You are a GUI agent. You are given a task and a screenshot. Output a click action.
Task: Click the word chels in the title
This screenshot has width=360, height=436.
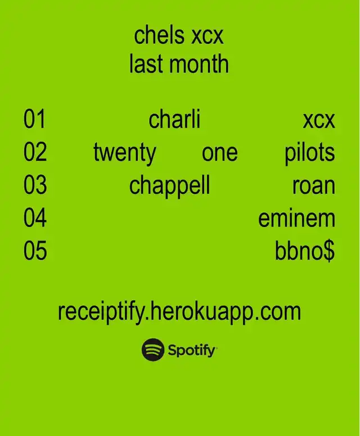pyautogui.click(x=159, y=35)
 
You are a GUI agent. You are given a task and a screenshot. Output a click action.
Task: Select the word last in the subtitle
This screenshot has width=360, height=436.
pyautogui.click(x=146, y=63)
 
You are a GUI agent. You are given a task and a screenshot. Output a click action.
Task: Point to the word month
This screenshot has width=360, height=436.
pyautogui.click(x=199, y=63)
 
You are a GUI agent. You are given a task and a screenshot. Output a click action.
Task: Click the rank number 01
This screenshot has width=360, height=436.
pyautogui.click(x=34, y=119)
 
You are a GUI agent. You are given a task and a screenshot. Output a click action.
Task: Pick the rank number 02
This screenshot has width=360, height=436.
pyautogui.click(x=35, y=152)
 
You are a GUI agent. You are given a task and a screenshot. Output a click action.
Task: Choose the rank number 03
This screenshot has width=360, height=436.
pyautogui.click(x=35, y=185)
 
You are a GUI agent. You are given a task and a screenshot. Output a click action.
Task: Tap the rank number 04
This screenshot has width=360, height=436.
pyautogui.click(x=35, y=218)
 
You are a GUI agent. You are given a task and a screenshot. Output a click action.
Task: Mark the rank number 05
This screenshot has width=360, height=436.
pyautogui.click(x=35, y=251)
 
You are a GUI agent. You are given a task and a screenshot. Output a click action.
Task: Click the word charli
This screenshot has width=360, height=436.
pyautogui.click(x=174, y=119)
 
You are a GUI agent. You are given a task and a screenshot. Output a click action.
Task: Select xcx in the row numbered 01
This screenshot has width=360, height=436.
pyautogui.click(x=319, y=121)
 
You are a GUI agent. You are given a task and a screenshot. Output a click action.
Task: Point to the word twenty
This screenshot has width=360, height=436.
pyautogui.click(x=124, y=153)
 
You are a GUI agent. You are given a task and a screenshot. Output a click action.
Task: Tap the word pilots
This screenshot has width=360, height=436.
pyautogui.click(x=309, y=153)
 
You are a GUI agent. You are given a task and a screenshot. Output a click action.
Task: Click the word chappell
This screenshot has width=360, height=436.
pyautogui.click(x=169, y=187)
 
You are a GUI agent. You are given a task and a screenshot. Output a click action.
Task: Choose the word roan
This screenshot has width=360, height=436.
pyautogui.click(x=313, y=187)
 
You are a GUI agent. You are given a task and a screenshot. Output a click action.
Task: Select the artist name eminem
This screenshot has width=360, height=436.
pyautogui.click(x=296, y=218)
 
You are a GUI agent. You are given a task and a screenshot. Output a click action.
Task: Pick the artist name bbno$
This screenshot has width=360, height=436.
pyautogui.click(x=305, y=251)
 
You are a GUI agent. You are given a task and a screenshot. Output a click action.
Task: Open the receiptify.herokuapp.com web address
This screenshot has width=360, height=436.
pyautogui.click(x=179, y=312)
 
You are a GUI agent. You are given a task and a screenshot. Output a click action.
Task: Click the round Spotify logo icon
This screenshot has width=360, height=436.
pyautogui.click(x=152, y=349)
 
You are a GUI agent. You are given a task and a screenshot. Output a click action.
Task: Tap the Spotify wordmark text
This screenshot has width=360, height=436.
pyautogui.click(x=192, y=351)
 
